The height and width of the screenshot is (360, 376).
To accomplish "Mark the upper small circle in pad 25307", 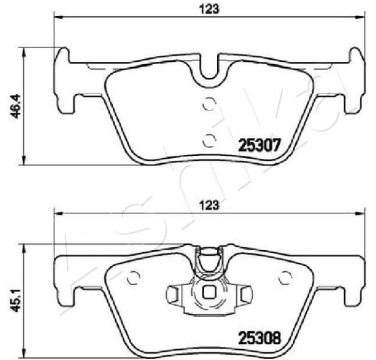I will [209, 104].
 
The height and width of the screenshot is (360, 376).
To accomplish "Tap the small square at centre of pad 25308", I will [209, 293].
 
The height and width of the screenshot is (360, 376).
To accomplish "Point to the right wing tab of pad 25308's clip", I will [245, 294].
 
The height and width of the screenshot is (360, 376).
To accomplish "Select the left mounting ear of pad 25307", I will [62, 78].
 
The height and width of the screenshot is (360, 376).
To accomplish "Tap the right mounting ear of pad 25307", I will [355, 78].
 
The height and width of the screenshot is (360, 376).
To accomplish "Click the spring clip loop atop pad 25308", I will [209, 262].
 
